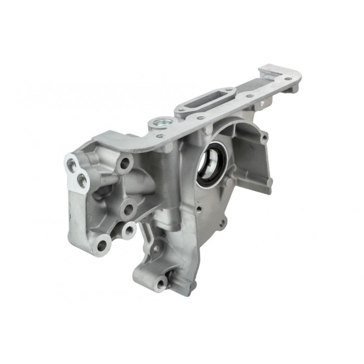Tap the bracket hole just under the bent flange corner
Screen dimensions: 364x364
pos(125,164)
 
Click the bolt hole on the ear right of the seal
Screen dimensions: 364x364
pos(265,138)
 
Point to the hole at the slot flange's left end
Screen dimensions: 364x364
pos(179,110)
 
